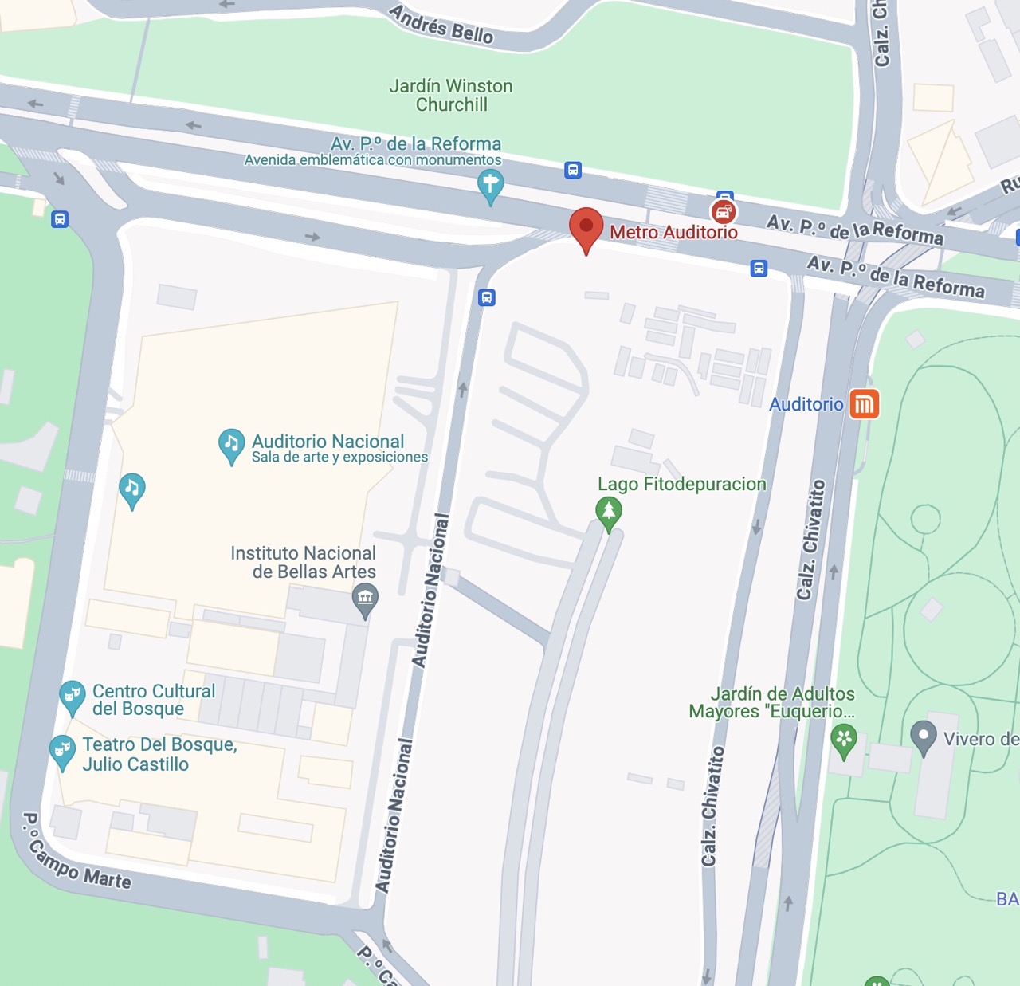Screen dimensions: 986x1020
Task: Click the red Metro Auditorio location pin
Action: tap(586, 228)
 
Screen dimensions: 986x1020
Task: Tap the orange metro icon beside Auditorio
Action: tap(864, 404)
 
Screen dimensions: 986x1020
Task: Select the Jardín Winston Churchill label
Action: tap(451, 95)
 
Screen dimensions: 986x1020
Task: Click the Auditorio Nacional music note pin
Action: tap(231, 445)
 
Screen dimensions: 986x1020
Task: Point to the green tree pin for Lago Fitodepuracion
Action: tap(609, 512)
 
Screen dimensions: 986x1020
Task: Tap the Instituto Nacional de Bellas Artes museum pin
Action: tap(365, 598)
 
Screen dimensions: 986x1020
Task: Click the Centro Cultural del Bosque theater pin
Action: tap(73, 697)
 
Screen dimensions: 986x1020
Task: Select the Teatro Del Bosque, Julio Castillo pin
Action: tap(62, 750)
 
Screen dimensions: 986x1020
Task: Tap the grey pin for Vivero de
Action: tap(924, 736)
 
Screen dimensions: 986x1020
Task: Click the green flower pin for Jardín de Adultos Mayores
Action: tap(843, 739)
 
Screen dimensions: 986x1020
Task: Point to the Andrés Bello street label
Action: tap(441, 24)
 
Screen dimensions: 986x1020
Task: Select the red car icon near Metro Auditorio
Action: tap(723, 212)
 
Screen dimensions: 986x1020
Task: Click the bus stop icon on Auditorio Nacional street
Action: tap(486, 297)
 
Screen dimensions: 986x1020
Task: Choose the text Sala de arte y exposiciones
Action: tap(339, 458)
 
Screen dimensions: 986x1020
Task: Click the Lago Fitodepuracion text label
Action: tap(682, 484)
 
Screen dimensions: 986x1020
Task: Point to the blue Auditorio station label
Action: tap(806, 404)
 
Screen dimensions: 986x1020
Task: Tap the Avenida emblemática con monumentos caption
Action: tap(373, 159)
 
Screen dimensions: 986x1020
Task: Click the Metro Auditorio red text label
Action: tap(673, 232)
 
